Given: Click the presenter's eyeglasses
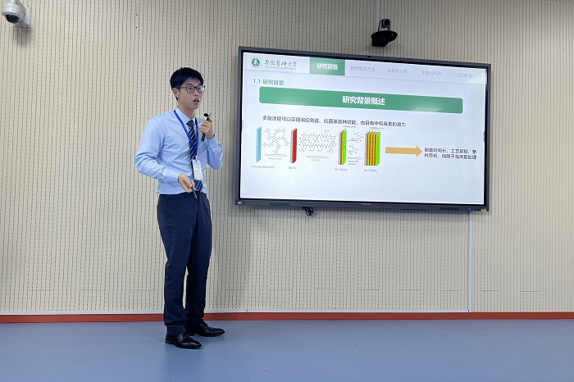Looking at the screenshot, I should coord(191,89).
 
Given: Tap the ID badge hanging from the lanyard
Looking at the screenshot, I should coord(197,169).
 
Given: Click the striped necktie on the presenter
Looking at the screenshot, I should coord(193,143).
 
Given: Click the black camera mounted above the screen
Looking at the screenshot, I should coord(383,34).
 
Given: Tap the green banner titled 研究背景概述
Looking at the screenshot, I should coord(361,100).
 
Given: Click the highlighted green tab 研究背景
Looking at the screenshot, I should coord(326,66).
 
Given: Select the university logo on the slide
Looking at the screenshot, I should coord(256,62).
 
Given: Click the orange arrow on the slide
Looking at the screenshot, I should coord(403,151).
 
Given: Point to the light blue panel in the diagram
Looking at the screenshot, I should coord(259,145).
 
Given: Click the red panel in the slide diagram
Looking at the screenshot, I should coord(294,145).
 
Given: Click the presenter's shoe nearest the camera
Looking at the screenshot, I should coord(183,340).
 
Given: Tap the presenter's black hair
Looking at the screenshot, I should coord(186,75).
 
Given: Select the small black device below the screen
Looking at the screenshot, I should coord(308,211).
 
